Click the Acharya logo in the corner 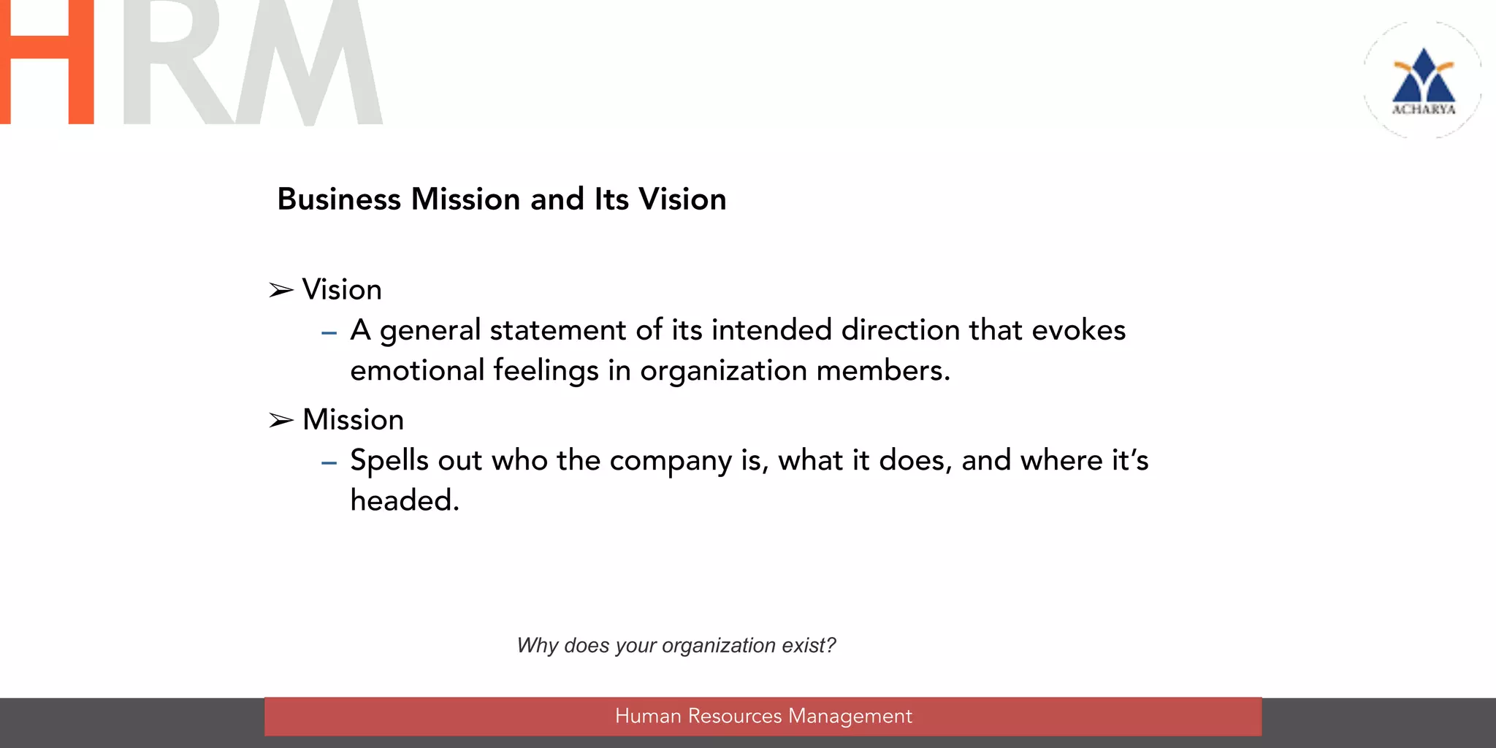(x=1423, y=80)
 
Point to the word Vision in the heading (x=682, y=199)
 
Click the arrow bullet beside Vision (x=281, y=291)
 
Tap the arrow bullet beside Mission (x=281, y=421)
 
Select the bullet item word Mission (x=353, y=420)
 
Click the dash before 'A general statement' (x=329, y=333)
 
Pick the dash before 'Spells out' (x=329, y=463)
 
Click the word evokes (x=1078, y=330)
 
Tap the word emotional (x=417, y=370)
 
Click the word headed (x=405, y=501)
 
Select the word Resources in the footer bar (x=734, y=716)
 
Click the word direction (x=900, y=330)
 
